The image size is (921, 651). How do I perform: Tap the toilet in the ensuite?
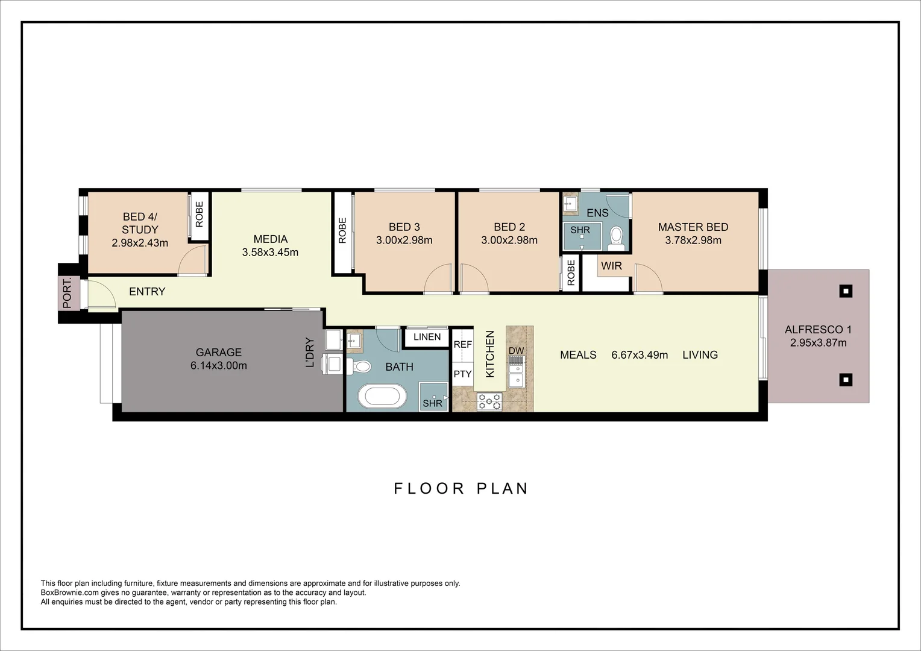point(616,238)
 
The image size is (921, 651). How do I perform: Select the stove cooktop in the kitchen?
point(489,401)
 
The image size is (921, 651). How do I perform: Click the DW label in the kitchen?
point(516,351)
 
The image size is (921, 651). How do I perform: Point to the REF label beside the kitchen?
point(462,345)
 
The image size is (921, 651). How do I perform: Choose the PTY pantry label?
point(462,374)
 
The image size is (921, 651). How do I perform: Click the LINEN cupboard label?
point(427,337)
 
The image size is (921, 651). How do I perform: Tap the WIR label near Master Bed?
point(611,266)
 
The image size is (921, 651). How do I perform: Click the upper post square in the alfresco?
point(846,292)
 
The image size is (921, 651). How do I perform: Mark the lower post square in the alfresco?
point(846,380)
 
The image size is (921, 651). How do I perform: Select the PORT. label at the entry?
point(68,293)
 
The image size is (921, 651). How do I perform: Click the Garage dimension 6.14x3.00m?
point(218,365)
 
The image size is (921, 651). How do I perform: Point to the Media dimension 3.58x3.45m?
point(270,253)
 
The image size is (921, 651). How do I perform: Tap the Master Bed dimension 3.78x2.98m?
point(693,240)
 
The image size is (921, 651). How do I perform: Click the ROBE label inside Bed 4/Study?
point(199,214)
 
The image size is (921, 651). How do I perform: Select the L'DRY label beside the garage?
point(310,353)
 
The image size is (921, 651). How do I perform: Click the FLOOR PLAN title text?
point(461,488)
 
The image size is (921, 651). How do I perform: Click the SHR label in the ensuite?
point(580,230)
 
